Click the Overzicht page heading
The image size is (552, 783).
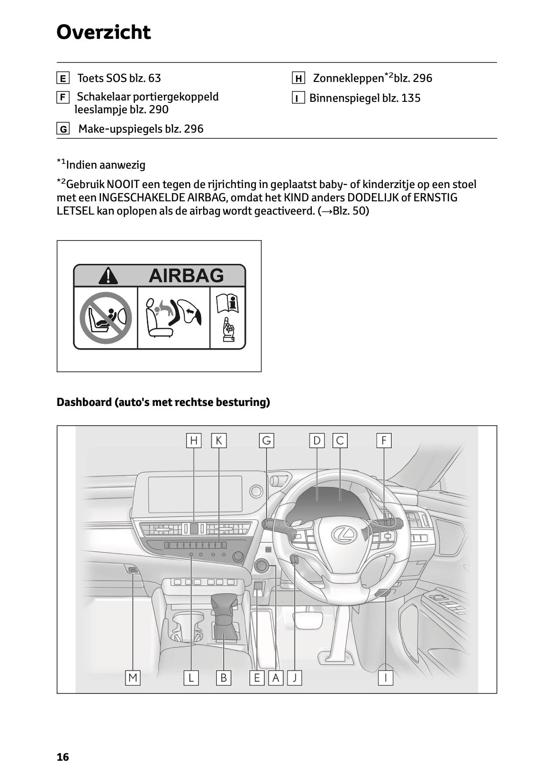pyautogui.click(x=103, y=32)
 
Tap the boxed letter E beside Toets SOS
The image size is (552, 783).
pyautogui.click(x=63, y=78)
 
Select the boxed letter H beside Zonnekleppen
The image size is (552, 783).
pyautogui.click(x=298, y=78)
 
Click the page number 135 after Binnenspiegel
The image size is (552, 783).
pyautogui.click(x=411, y=98)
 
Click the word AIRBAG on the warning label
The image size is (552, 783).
pyautogui.click(x=186, y=275)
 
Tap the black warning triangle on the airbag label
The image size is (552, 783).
pyautogui.click(x=109, y=276)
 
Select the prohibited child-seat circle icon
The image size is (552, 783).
pyautogui.click(x=105, y=317)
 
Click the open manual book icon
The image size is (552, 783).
pyautogui.click(x=227, y=303)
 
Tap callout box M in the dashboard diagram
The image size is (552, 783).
pyautogui.click(x=133, y=678)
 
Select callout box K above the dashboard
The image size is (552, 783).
pyautogui.click(x=218, y=441)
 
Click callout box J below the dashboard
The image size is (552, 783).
pyautogui.click(x=295, y=678)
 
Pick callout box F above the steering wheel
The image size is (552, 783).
pyautogui.click(x=384, y=441)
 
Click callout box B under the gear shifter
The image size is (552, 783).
pyautogui.click(x=223, y=678)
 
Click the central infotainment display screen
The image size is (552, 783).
pyautogui.click(x=195, y=494)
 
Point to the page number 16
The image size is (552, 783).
pyautogui.click(x=63, y=757)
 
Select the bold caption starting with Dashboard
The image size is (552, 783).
pyautogui.click(x=163, y=402)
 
